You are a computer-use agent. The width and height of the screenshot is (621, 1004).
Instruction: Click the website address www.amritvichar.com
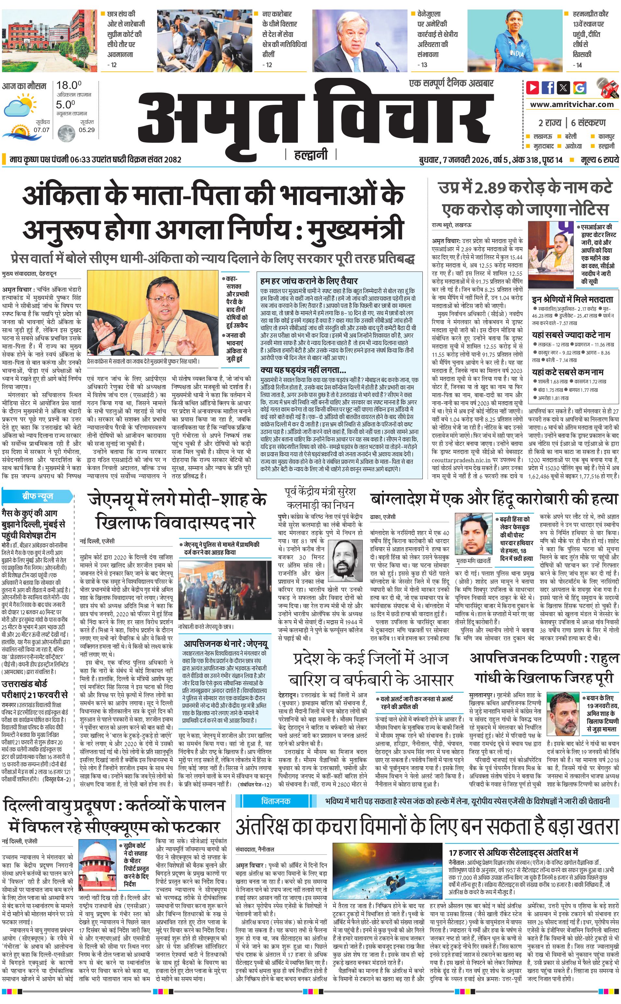click(572, 104)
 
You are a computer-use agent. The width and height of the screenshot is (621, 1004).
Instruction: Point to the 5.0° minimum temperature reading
click(66, 105)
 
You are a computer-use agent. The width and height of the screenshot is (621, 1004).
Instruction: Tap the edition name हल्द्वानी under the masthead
click(310, 155)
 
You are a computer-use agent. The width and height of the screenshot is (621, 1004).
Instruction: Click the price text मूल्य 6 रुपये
click(599, 160)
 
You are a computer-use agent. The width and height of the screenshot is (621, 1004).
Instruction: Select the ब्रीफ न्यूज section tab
click(37, 496)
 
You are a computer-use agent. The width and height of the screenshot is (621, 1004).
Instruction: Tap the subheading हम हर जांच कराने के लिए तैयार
click(309, 281)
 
